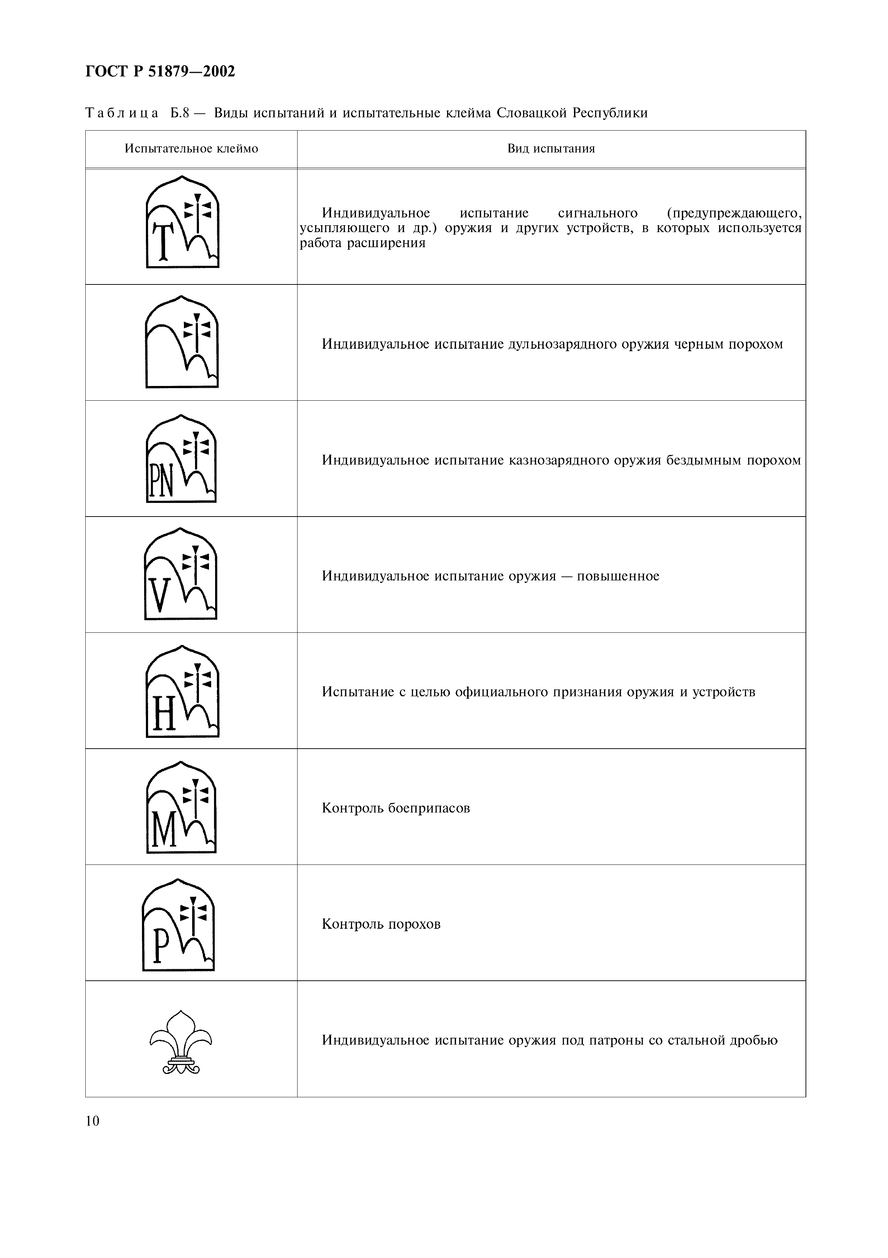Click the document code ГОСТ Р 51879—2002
pos(160,72)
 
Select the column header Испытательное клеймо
pos(191,149)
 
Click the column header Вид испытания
pos(551,149)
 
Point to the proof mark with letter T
pos(182,222)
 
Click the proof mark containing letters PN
pos(181,459)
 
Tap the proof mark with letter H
pos(182,692)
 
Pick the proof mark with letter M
pos(181,807)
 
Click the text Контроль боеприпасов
pos(396,809)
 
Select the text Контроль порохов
pos(381,925)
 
